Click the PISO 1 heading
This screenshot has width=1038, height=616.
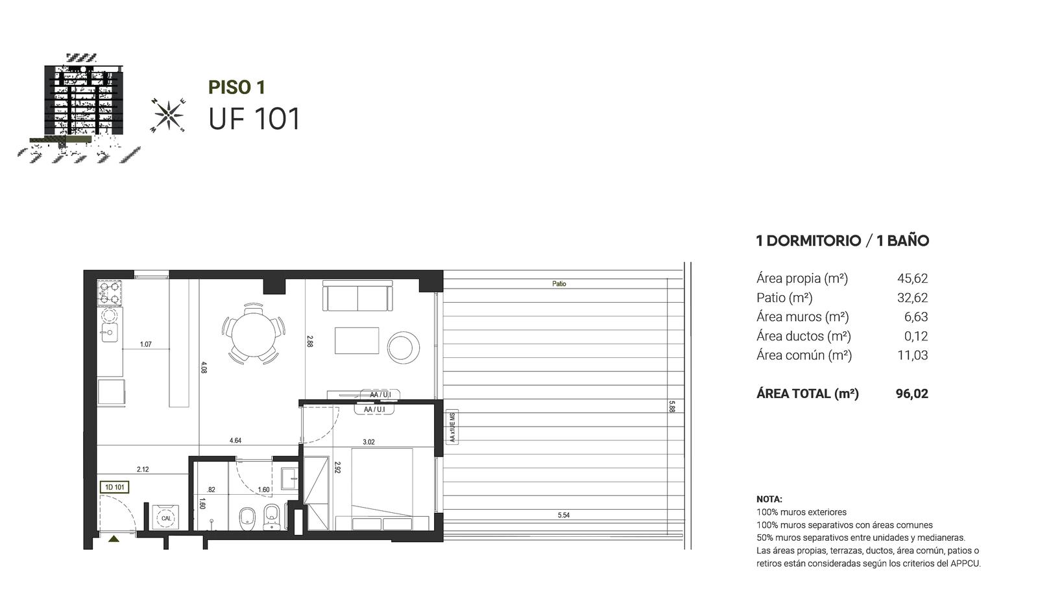click(236, 87)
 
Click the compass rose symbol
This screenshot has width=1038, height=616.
click(168, 115)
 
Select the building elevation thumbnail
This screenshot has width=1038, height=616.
click(78, 108)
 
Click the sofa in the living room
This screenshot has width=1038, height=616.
click(357, 296)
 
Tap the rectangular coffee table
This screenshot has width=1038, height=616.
click(356, 340)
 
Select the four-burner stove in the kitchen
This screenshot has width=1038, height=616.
click(110, 292)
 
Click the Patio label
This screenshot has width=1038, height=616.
click(559, 283)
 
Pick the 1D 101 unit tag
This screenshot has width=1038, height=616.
click(114, 487)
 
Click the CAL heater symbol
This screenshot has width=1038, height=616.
click(166, 518)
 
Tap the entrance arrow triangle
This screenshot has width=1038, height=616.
click(114, 539)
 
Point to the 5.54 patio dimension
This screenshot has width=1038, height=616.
click(564, 515)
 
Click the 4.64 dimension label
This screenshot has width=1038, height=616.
click(235, 440)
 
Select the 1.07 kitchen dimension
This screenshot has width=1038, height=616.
click(145, 344)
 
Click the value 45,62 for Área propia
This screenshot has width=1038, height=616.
click(912, 278)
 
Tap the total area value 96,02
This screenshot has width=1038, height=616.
click(912, 394)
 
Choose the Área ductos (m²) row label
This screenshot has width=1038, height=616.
click(804, 336)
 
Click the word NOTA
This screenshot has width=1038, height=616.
click(769, 499)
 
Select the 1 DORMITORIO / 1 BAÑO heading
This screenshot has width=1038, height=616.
click(843, 241)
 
